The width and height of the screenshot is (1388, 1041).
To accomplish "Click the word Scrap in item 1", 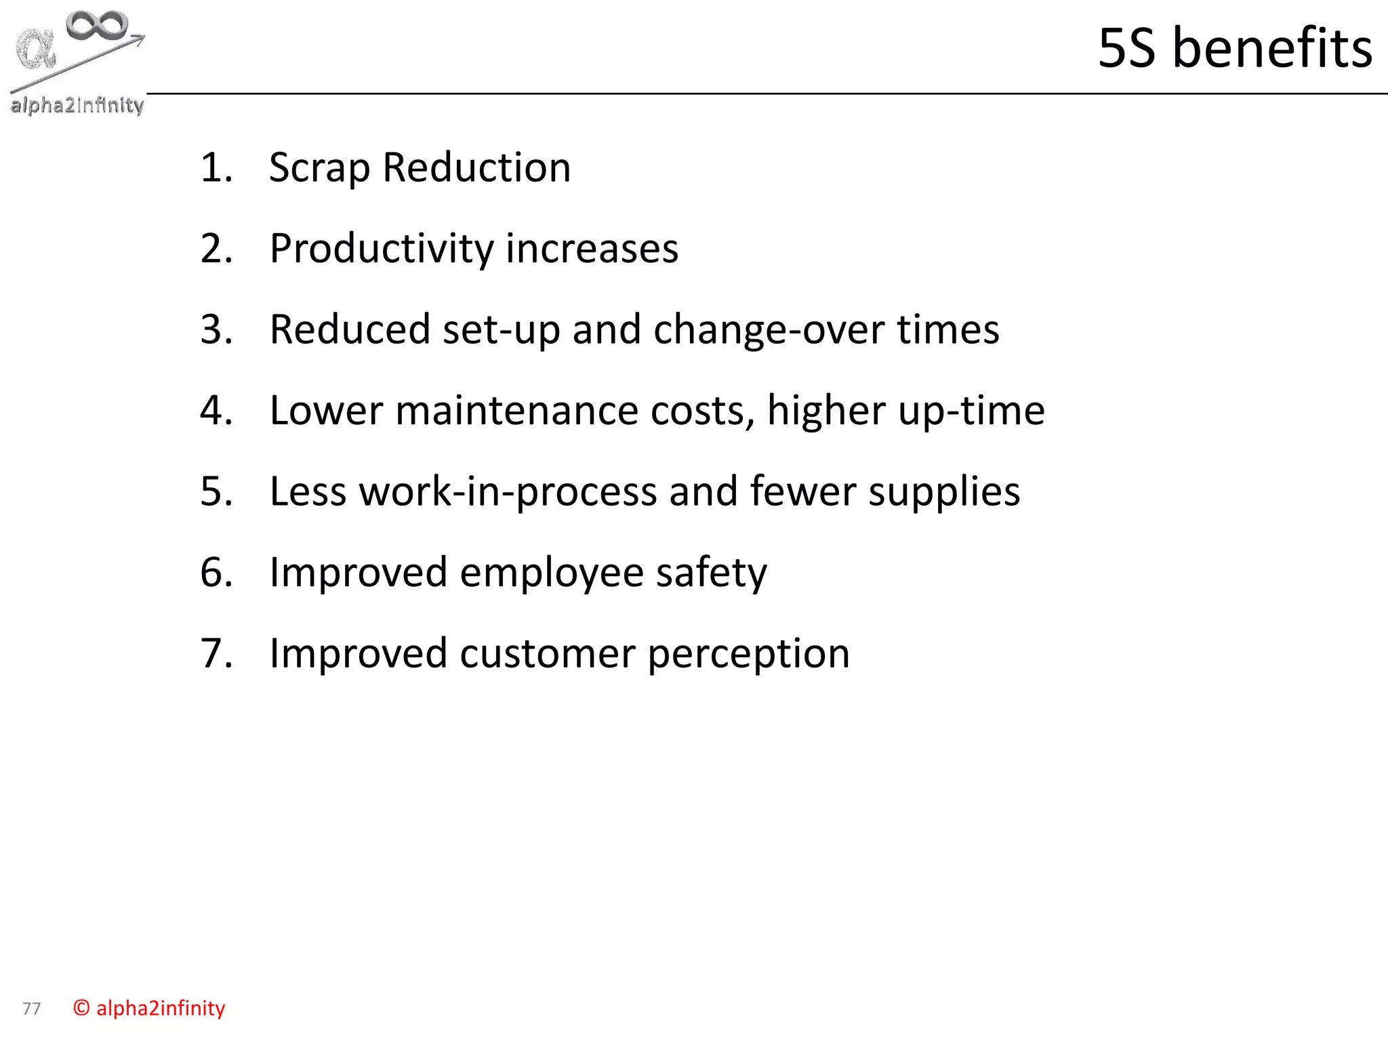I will [x=319, y=168].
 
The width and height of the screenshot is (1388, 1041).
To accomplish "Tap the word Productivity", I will [x=382, y=249].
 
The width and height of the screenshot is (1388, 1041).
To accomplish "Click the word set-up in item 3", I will [x=501, y=330].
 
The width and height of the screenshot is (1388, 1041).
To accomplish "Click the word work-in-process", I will [x=508, y=492].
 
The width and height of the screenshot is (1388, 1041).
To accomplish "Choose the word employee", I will [x=552, y=573].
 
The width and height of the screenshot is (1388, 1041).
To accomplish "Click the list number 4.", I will [x=216, y=411].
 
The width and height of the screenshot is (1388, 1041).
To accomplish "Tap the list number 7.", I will [x=216, y=654].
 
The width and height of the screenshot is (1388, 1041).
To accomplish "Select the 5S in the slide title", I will [x=1126, y=48].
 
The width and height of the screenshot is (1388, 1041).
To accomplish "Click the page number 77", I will [x=31, y=1009].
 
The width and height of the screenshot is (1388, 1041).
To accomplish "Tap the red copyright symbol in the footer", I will [x=81, y=1008].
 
